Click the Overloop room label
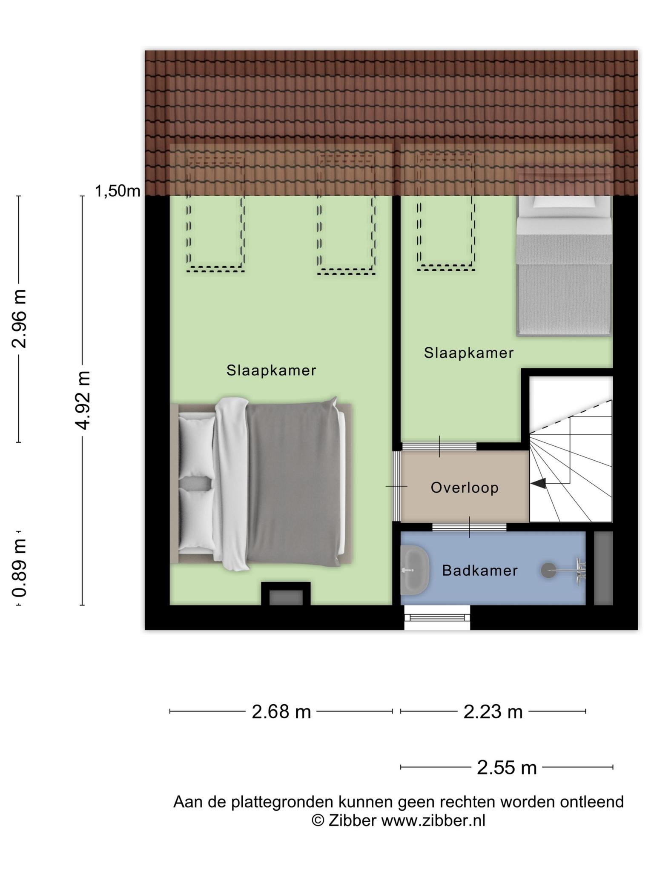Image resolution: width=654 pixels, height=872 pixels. pyautogui.click(x=465, y=488)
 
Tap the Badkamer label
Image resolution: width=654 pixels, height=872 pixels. pyautogui.click(x=480, y=571)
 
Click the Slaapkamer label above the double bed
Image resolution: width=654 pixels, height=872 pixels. pyautogui.click(x=271, y=370)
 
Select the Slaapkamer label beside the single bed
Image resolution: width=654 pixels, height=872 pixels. pyautogui.click(x=469, y=353)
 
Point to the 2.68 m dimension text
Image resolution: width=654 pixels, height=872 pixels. pyautogui.click(x=281, y=711)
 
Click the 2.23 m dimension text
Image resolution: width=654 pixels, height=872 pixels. pyautogui.click(x=493, y=711)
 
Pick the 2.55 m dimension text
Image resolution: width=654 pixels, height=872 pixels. pyautogui.click(x=507, y=768)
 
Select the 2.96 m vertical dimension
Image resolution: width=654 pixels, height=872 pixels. pyautogui.click(x=19, y=319)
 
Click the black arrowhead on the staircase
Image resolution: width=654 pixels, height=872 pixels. pyautogui.click(x=538, y=483)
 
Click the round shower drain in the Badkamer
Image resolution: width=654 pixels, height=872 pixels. pyautogui.click(x=548, y=570)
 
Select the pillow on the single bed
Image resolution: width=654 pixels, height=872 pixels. pyautogui.click(x=564, y=201)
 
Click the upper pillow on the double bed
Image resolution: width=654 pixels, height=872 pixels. pyautogui.click(x=196, y=447)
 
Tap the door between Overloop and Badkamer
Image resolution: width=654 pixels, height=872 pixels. pyautogui.click(x=469, y=527)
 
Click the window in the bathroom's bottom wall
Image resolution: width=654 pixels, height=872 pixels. pyautogui.click(x=437, y=617)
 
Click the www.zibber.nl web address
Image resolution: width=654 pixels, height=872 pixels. pyautogui.click(x=433, y=820)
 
